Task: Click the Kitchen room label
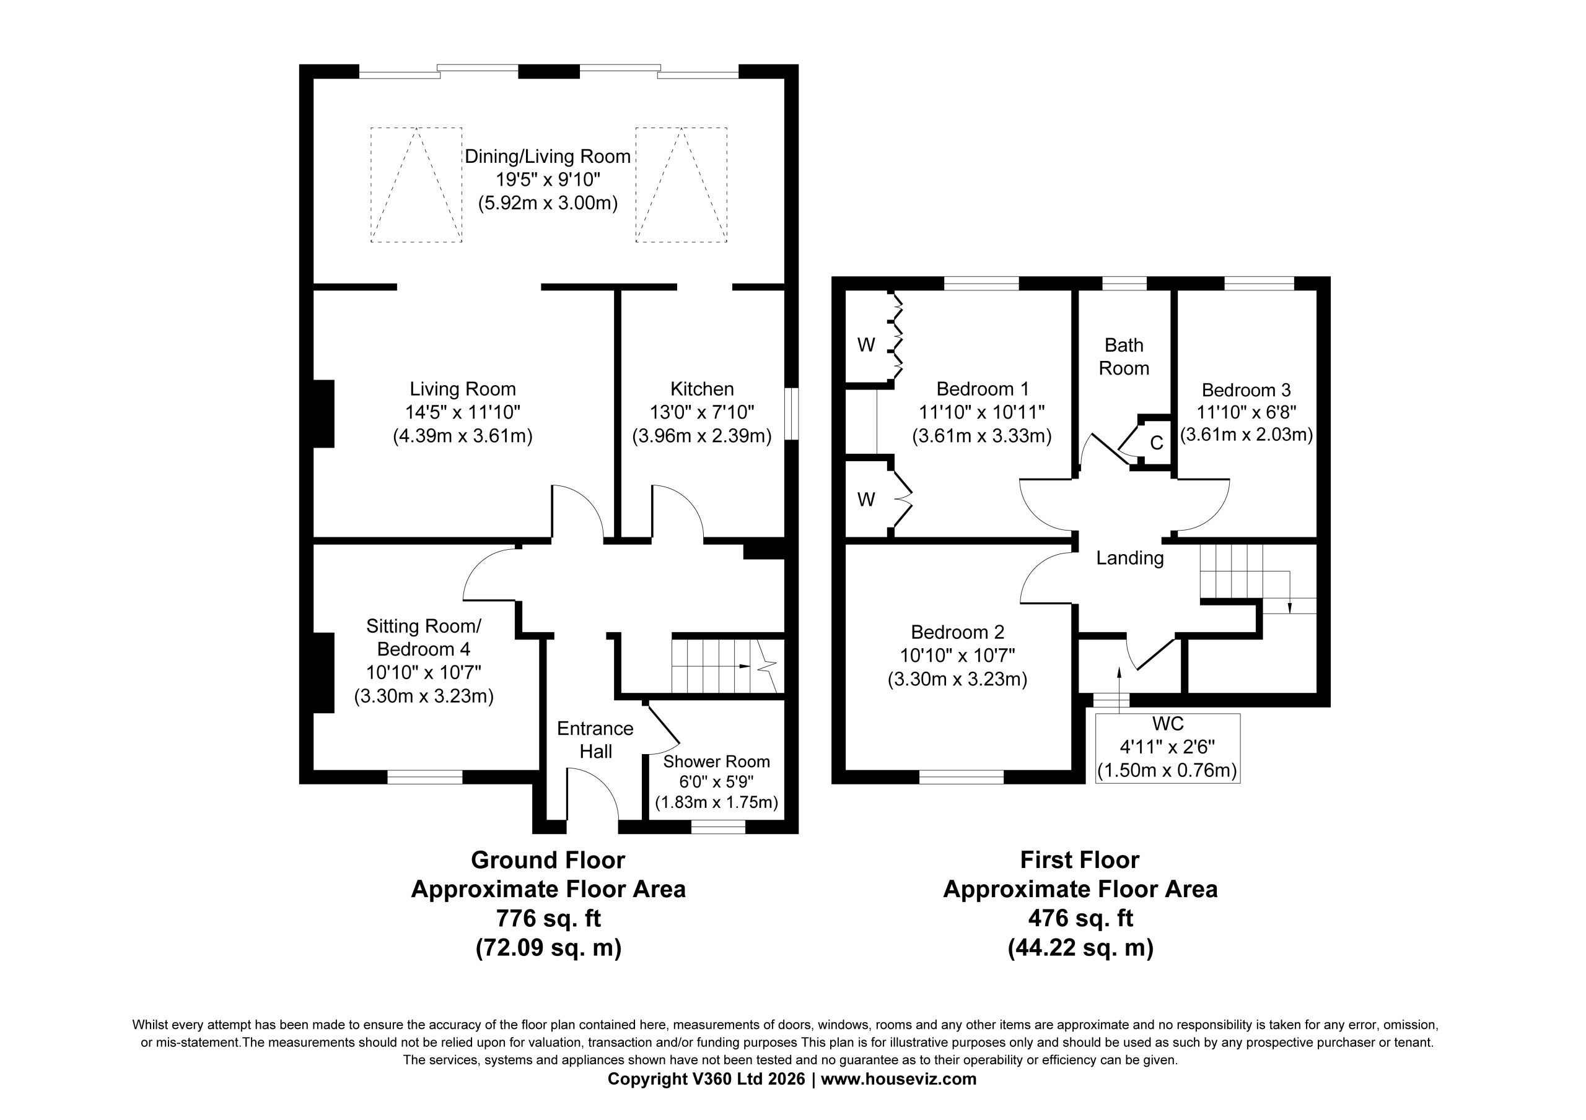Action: tap(702, 389)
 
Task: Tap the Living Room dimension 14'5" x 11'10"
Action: tap(462, 412)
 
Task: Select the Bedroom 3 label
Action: tap(1246, 390)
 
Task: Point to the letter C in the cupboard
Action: tap(1156, 443)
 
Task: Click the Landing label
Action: tap(1130, 558)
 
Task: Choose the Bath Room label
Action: tap(1124, 356)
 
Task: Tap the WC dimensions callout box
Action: tap(1168, 748)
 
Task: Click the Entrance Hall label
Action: tap(595, 739)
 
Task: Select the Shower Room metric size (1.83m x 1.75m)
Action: tap(716, 802)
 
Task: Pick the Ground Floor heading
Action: tap(548, 860)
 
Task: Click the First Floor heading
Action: tap(1080, 860)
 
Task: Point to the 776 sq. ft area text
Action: tap(548, 918)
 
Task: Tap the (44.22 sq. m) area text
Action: tap(1080, 948)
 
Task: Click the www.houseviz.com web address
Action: tap(899, 1079)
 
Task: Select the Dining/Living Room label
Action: tap(548, 157)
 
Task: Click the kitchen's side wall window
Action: tap(792, 414)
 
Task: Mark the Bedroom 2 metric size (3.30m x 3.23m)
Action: tap(957, 679)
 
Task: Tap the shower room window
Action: tap(719, 827)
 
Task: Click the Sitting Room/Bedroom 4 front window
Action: tap(424, 778)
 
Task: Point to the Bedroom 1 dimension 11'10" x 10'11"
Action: tap(981, 412)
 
